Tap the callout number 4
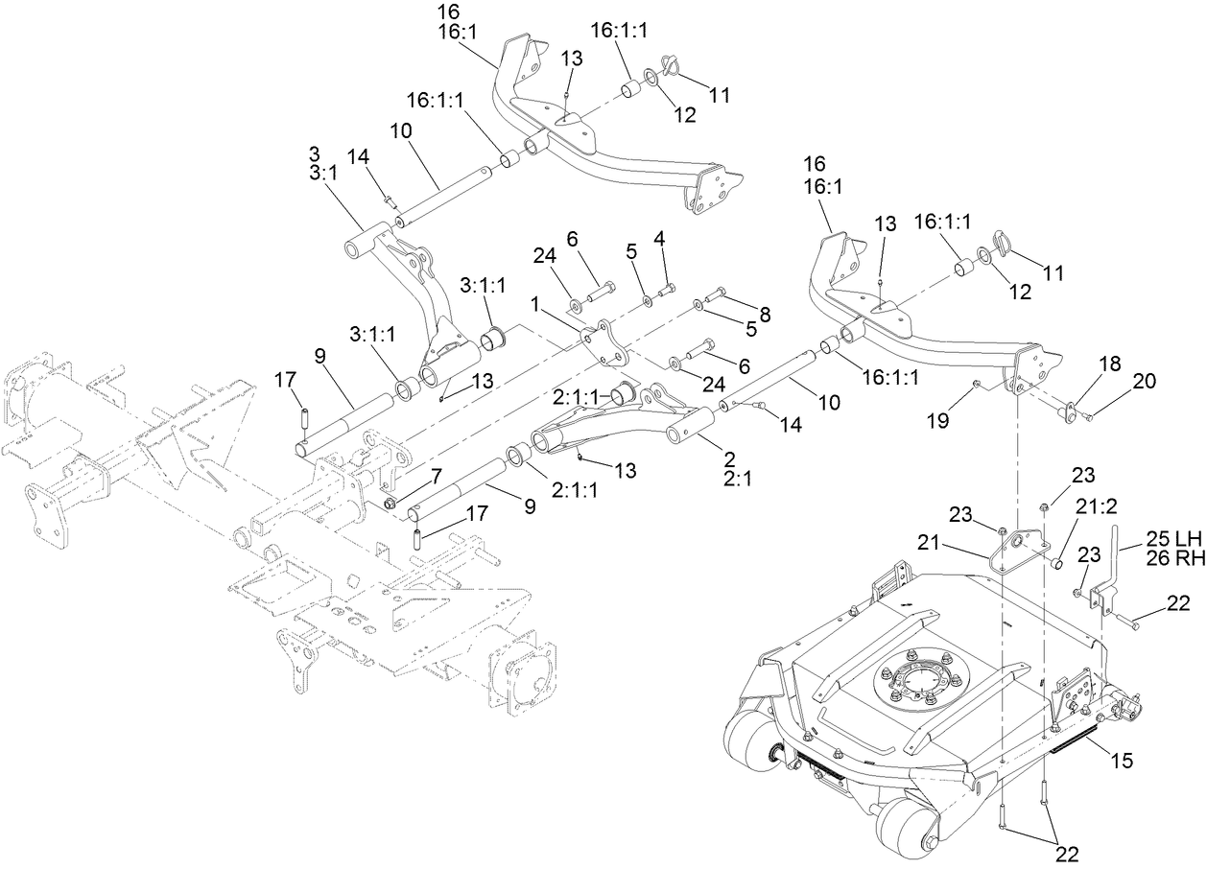tap(659, 237)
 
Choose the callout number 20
tap(1145, 381)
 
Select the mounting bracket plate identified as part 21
tap(1019, 552)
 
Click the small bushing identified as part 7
tap(390, 503)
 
